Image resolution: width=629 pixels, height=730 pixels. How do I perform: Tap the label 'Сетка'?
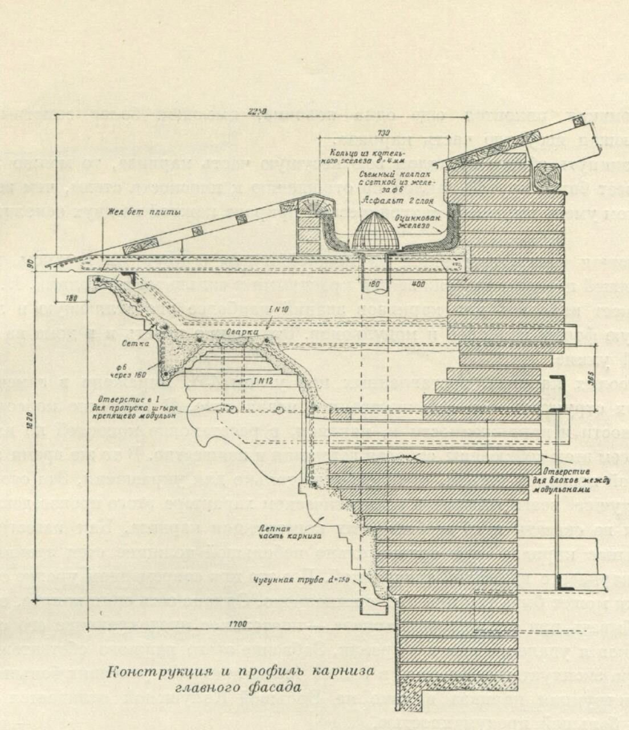tap(132, 344)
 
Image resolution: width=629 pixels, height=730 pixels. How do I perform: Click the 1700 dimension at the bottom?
tap(239, 624)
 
